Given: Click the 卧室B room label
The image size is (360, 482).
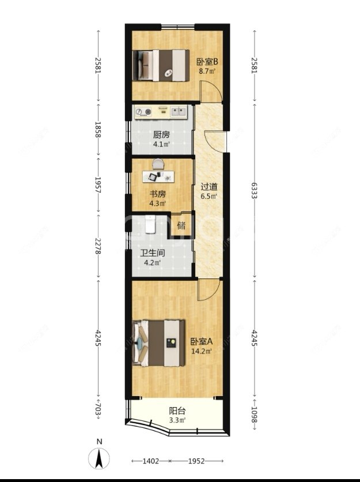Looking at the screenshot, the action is pos(207,62).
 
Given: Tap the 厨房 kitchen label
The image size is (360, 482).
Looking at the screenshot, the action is pos(161,135).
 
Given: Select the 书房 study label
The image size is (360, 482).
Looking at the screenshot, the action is pos(158,194).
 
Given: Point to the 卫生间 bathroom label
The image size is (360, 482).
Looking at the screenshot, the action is pos(153,253).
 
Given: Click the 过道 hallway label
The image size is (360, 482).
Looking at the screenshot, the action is pos(209,187).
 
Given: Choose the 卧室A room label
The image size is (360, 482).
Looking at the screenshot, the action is pos(202,341).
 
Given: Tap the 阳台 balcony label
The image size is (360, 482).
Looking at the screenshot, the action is pos(177,411).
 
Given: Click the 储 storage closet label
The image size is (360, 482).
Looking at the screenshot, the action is pos(181,225).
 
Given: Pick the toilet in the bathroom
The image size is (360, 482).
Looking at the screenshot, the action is pos(150,224).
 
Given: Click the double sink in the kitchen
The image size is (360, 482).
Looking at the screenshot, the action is pos(179,111).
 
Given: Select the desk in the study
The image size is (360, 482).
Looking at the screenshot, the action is pos(158,176).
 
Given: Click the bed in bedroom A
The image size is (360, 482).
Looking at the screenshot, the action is pos(158,343).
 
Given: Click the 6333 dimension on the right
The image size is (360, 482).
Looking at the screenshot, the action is pos(254,190).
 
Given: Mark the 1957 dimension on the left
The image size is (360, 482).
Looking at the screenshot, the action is pos(98,184).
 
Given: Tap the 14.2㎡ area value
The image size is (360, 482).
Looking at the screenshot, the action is pos(202,351).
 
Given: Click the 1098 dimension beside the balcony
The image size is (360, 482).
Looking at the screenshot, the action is pos(254,415).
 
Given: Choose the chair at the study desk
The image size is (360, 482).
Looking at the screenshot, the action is pos(158,164).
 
